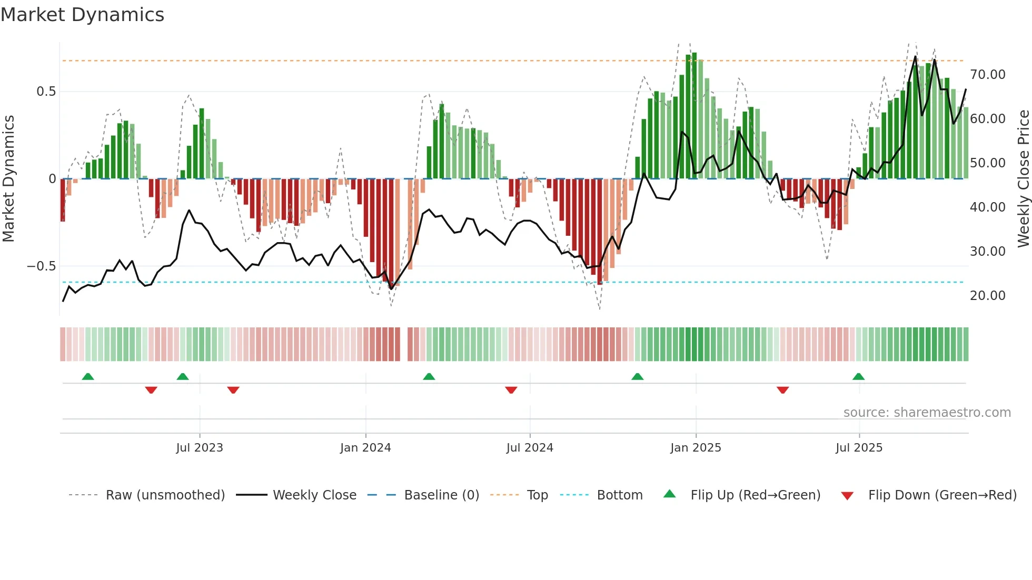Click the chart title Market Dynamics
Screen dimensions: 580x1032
click(82, 15)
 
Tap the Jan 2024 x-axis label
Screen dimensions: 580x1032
click(365, 448)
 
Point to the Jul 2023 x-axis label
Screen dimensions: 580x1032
click(200, 448)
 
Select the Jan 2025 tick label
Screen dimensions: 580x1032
click(696, 448)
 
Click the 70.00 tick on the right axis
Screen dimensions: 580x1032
click(987, 75)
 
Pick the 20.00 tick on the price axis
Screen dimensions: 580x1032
click(987, 296)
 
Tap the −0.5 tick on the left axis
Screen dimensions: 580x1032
click(42, 266)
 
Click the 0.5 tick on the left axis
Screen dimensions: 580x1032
click(46, 92)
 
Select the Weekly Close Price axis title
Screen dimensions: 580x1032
click(1023, 179)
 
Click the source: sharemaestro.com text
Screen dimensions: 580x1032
click(927, 413)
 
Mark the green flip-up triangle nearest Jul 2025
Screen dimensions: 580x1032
click(858, 377)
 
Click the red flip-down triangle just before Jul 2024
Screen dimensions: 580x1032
click(511, 390)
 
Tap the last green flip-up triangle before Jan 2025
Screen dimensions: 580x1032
click(637, 377)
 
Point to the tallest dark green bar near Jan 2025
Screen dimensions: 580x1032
click(694, 116)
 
